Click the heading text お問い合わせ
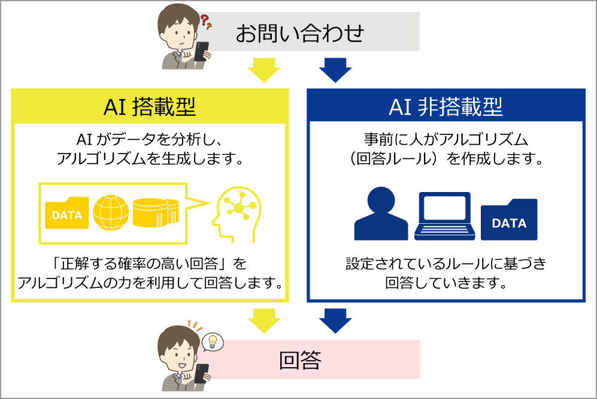coord(299,33)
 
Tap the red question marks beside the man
coord(206,22)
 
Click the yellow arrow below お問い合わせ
coord(264,70)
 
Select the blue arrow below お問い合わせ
coord(335,70)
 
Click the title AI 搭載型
coord(150,107)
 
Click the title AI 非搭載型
coord(446,107)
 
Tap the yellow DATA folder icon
coord(66,212)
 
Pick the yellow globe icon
coord(111,212)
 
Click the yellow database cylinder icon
coord(156,212)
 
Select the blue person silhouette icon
coord(381,213)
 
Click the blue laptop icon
coord(444,216)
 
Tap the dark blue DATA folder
coord(509,220)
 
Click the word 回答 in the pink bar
coord(300,360)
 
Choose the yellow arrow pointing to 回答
coord(264,320)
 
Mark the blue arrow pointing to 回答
coord(335,320)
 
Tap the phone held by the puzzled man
coord(201,52)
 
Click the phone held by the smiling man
coord(201,373)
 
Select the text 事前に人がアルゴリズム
coord(446,140)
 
